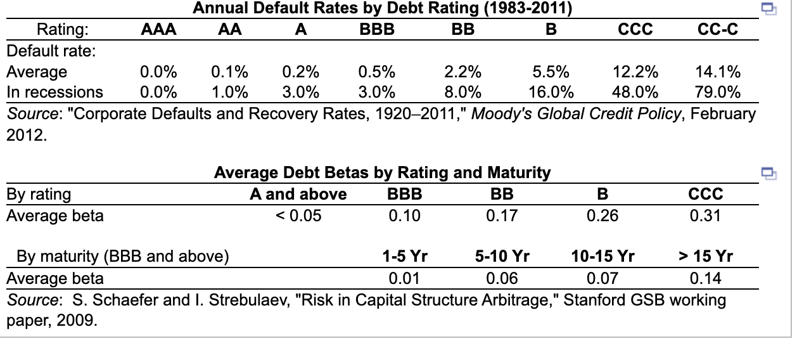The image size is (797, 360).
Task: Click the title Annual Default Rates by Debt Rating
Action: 382,8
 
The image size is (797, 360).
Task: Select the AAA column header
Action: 158,29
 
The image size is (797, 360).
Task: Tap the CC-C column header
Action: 717,29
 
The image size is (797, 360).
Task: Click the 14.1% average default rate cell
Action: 718,71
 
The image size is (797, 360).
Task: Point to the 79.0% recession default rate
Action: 718,92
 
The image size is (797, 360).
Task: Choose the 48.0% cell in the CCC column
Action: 635,92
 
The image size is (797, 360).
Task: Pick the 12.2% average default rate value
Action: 635,71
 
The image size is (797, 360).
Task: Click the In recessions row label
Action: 54,92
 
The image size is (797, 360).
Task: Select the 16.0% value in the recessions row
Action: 551,92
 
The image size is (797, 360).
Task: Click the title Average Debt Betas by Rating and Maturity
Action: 382,172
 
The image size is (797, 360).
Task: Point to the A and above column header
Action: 298,194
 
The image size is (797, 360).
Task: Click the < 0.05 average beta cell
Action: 298,215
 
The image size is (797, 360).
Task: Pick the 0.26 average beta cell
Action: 603,215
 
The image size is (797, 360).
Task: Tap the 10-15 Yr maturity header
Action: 603,257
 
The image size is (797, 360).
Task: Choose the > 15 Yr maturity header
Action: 706,257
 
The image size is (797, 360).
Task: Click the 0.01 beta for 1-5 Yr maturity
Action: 404,278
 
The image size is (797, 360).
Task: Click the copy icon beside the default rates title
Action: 768,8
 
